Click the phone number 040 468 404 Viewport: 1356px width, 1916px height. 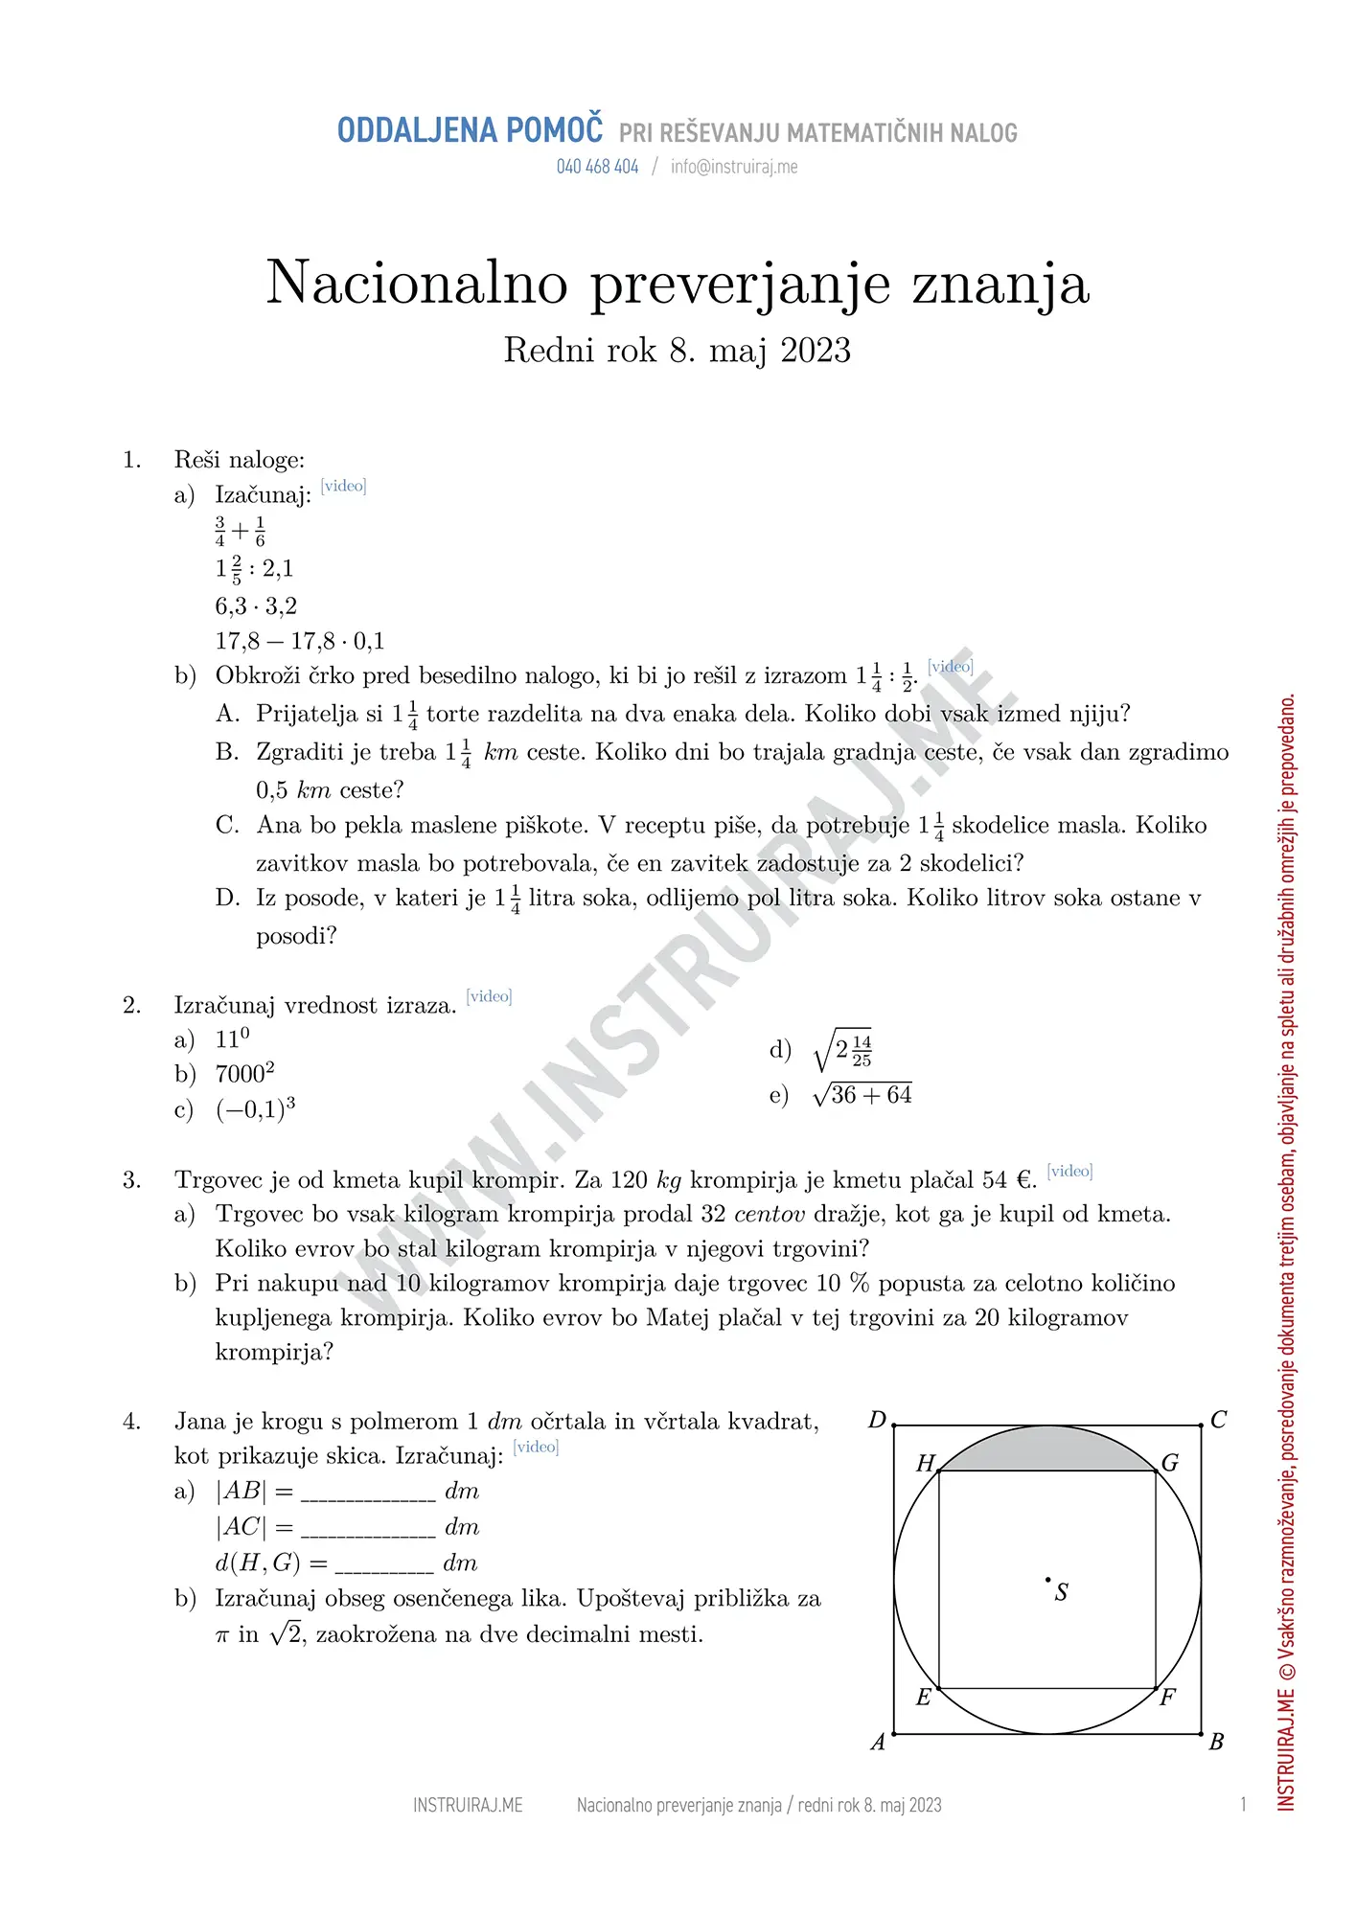click(x=597, y=167)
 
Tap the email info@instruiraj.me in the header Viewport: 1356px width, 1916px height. click(x=734, y=167)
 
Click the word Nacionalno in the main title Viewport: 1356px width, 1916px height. click(x=417, y=284)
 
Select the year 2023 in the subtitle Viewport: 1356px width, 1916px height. click(x=816, y=351)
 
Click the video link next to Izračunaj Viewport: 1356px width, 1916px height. click(x=343, y=486)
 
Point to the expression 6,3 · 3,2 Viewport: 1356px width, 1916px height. click(x=256, y=605)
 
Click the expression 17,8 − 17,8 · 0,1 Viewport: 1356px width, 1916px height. click(x=299, y=641)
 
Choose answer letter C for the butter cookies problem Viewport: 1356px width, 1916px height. click(x=227, y=826)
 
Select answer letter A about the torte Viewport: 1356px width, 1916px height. click(x=227, y=714)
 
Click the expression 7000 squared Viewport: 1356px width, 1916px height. click(x=244, y=1073)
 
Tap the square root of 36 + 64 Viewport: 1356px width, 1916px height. click(x=862, y=1094)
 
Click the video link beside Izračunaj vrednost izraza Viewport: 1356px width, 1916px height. click(x=489, y=996)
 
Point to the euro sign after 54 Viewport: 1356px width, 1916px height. click(x=1024, y=1179)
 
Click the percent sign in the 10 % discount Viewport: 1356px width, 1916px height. click(x=859, y=1284)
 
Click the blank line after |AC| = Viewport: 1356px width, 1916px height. click(x=368, y=1530)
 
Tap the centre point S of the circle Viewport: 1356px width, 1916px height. click(x=1048, y=1579)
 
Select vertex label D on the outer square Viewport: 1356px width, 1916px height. click(x=877, y=1420)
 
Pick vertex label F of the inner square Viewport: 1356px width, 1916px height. click(x=1167, y=1698)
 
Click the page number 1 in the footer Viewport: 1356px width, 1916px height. click(x=1243, y=1805)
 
